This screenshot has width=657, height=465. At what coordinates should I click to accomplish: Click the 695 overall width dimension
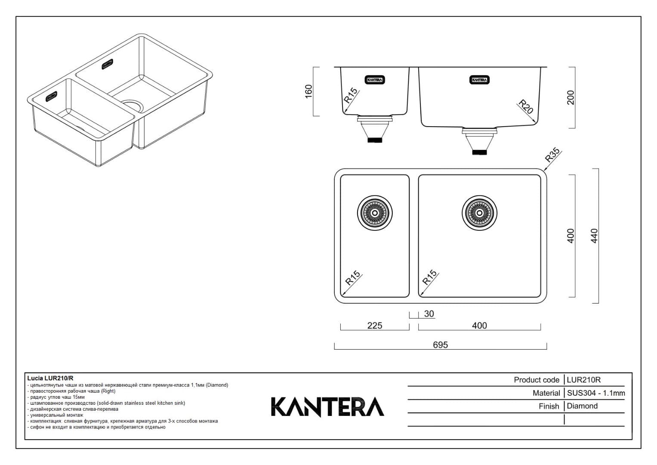440,345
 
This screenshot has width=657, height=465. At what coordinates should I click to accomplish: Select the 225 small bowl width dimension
374,325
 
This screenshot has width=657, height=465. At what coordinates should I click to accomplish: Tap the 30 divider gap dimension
429,314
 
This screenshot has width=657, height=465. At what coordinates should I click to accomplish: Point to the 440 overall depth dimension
594,236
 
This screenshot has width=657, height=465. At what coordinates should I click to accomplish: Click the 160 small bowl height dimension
308,91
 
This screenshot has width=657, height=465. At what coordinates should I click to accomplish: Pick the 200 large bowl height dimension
571,97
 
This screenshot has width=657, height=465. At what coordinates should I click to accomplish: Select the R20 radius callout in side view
525,106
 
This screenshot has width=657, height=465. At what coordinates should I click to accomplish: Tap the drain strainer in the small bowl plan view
374,213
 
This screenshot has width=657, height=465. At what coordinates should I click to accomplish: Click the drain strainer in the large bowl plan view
479,213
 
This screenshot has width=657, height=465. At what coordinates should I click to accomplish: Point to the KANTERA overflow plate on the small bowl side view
375,80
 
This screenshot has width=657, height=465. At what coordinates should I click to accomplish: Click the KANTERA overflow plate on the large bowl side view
479,80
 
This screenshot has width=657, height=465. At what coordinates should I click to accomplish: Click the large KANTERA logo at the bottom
327,407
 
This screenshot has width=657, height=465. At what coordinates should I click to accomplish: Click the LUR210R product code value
583,380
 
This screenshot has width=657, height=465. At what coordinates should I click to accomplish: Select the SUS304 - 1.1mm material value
595,393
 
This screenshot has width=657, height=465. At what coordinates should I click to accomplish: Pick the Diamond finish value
582,406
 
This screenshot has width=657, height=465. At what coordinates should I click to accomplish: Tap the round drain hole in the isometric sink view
133,106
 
